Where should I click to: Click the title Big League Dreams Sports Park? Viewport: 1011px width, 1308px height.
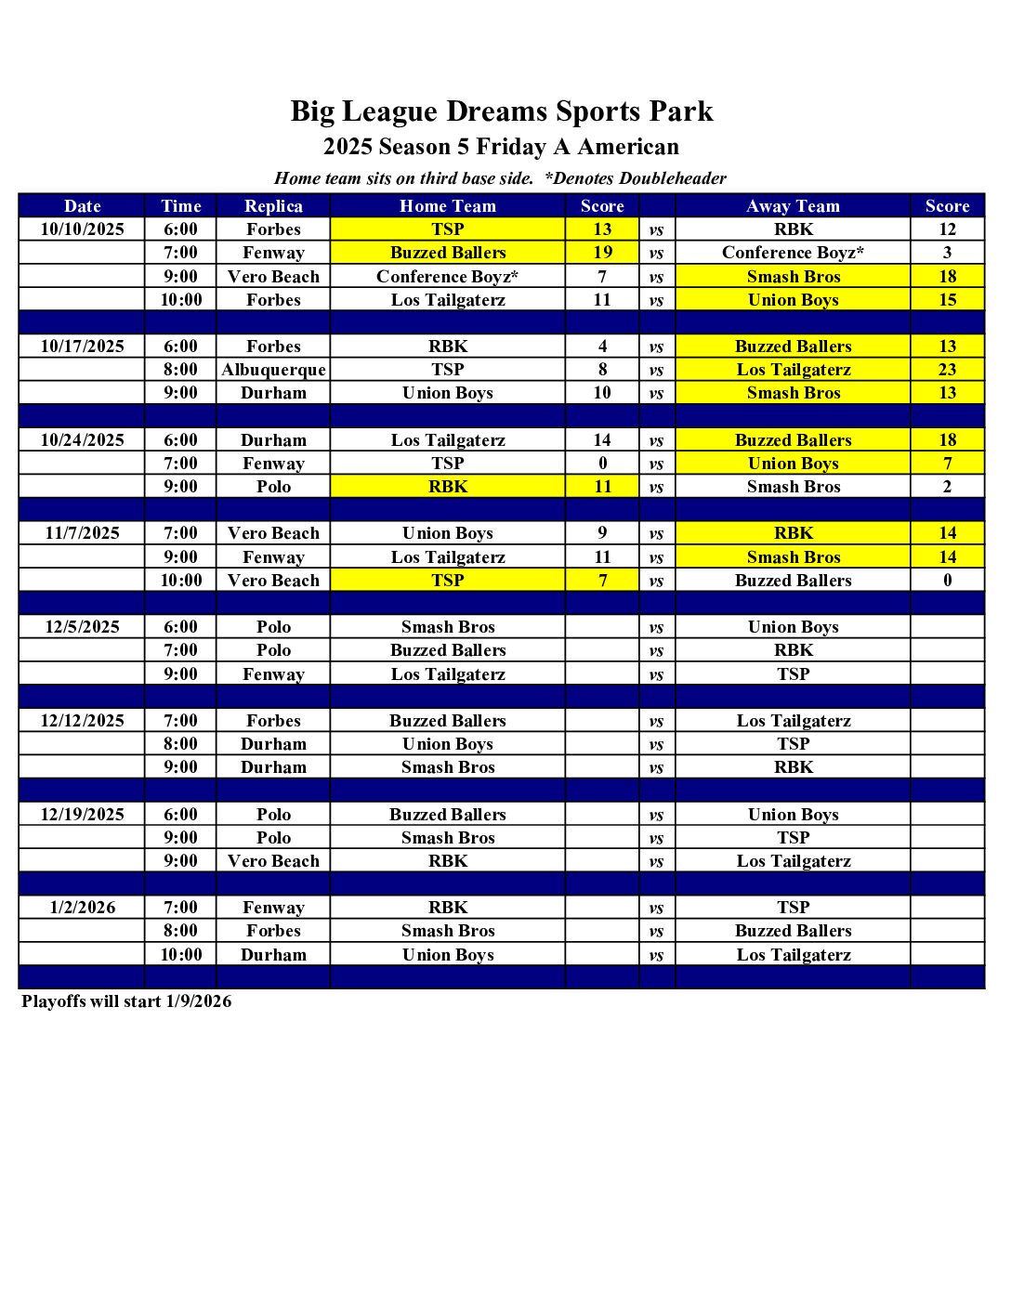pos(502,111)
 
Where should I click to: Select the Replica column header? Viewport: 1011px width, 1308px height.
pos(273,206)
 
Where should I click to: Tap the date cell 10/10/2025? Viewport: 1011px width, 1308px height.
pos(82,229)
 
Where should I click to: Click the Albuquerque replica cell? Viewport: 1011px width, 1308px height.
pos(273,370)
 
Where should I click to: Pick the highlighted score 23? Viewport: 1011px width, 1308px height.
pos(947,370)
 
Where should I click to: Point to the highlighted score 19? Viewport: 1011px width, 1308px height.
pos(602,253)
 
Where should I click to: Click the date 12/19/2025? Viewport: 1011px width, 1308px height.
pos(82,815)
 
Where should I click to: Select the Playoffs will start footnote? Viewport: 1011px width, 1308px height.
pos(126,1001)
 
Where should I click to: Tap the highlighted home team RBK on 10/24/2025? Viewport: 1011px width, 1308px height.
pos(448,487)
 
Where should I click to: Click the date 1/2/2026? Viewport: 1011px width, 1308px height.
pos(82,908)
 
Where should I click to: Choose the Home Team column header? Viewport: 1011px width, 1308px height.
pos(448,206)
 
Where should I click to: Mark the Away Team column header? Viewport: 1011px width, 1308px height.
pos(793,206)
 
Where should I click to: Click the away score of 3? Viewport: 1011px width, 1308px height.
pos(947,253)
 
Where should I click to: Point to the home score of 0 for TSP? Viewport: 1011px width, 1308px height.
pos(602,464)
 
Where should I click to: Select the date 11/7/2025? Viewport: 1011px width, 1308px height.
pos(82,533)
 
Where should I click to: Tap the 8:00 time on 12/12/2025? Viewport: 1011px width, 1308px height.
pos(180,744)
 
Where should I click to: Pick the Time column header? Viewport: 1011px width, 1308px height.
pos(180,206)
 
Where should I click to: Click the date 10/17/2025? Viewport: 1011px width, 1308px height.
pos(82,347)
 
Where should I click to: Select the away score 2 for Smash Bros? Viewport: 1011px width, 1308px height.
pos(947,487)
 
